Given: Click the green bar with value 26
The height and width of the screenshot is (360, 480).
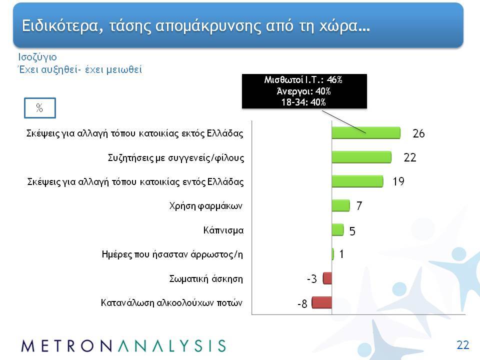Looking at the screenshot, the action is point(366,133).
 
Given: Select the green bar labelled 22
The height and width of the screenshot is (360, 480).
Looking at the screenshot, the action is point(361,157).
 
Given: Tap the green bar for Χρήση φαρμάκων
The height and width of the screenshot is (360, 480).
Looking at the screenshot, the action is point(340,205).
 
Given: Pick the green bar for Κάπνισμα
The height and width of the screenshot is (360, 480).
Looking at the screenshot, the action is point(337,230).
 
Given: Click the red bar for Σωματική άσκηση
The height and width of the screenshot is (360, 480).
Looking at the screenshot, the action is point(327,278).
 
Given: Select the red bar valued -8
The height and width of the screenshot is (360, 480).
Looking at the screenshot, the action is point(321,302).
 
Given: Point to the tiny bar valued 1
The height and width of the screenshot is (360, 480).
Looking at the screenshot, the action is point(333,254).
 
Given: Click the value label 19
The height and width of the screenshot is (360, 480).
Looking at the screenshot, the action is point(398,181).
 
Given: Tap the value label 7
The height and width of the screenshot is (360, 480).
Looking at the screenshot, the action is point(359,205).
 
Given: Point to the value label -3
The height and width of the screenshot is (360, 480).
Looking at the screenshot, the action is point(311,279).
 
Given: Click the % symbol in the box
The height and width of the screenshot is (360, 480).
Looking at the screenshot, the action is point(39,108).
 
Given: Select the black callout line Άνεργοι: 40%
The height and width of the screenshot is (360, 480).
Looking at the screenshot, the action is point(303,91).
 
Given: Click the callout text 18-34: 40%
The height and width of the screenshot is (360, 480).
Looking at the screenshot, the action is point(303,102).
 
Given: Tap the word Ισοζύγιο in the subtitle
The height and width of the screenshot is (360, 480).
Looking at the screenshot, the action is point(37,57).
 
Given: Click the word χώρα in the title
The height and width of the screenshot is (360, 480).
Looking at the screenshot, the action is point(339,25).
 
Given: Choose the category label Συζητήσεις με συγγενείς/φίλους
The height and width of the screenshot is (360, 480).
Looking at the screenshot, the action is point(176,158).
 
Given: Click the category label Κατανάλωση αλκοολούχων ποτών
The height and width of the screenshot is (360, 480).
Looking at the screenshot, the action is point(171,303).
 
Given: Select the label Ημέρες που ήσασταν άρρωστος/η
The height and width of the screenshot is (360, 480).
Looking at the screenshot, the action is point(172,254).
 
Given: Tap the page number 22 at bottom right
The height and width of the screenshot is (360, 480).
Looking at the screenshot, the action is point(463,345).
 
